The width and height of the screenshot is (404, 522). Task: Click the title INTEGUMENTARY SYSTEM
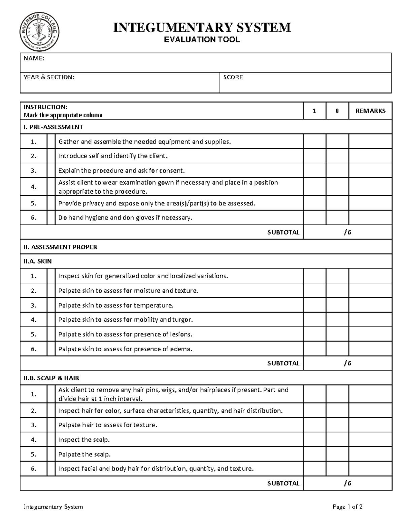(x=202, y=27)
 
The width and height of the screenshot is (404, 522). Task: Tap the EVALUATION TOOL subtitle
(x=202, y=40)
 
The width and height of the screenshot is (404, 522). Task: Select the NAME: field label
(x=34, y=58)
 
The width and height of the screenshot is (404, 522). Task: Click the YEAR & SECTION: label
(x=49, y=77)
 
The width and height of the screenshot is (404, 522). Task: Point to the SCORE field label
(x=233, y=77)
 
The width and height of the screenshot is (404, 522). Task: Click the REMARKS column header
(x=370, y=111)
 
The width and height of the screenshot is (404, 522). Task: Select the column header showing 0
(x=337, y=111)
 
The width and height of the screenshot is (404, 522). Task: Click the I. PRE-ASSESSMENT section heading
(x=53, y=127)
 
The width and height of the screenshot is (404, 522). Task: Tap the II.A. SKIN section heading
(x=38, y=261)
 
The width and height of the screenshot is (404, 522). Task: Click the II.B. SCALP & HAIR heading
(x=52, y=378)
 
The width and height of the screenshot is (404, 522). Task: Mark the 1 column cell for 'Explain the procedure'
(x=314, y=170)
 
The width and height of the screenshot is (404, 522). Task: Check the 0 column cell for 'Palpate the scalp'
(x=337, y=454)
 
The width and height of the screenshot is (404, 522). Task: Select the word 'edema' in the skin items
(x=182, y=349)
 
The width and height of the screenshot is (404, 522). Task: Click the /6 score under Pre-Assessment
(x=347, y=232)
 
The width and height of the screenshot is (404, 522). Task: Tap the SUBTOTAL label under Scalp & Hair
(x=283, y=483)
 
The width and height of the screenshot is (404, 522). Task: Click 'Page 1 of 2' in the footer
(x=347, y=507)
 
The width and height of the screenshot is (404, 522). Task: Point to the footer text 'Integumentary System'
(x=53, y=507)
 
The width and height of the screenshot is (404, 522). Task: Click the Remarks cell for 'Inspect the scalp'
(x=370, y=440)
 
